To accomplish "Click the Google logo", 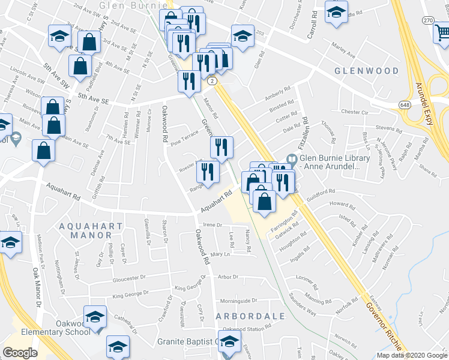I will pos(20,353).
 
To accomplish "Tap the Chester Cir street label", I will pos(358,112).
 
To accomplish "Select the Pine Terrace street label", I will pos(184,140).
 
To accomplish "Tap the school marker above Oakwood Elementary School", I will pos(95,316).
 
